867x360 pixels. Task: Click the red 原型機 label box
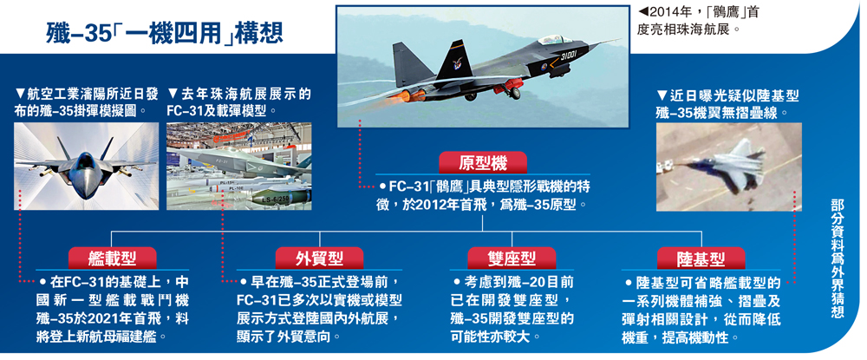(483, 162)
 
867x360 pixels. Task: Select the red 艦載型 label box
(112, 258)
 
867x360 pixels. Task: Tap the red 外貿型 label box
(319, 258)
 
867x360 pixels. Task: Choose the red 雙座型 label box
(512, 258)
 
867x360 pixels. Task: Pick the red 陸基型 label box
(701, 258)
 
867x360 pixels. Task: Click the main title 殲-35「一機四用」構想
(165, 32)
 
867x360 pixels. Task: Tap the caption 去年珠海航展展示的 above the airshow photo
(239, 95)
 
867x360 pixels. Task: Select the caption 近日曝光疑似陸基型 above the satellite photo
(727, 95)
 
